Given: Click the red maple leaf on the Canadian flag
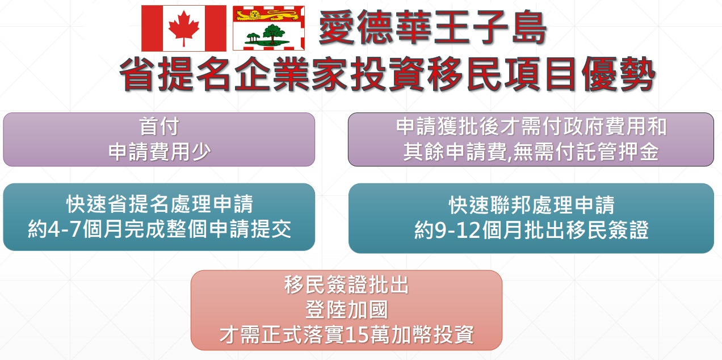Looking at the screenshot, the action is point(184,28).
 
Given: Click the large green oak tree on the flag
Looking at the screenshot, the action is point(274,34).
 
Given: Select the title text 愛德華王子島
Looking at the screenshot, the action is point(433,27).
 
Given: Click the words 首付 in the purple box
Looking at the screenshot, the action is point(159,127).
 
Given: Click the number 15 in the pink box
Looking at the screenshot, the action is point(357,334).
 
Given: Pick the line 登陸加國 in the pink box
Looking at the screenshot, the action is point(346,309).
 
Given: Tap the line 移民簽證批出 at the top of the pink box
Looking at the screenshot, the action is point(346,285).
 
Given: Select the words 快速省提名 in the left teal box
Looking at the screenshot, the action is point(118,204).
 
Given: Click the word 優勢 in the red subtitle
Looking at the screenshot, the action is point(619,74).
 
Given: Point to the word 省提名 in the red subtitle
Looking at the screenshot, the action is point(175,74).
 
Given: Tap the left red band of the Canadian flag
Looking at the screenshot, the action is point(152,28).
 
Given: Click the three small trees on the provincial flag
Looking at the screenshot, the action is point(253,38).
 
